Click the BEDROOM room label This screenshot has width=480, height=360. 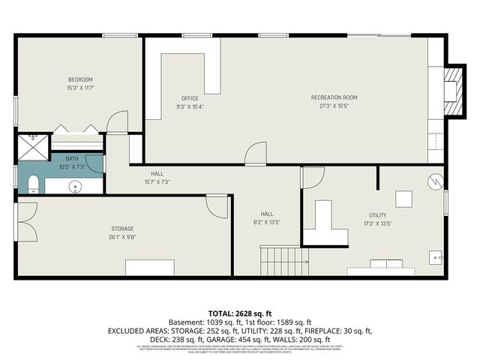(x=80, y=80)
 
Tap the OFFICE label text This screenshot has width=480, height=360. (x=190, y=98)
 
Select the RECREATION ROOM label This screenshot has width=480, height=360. (x=334, y=97)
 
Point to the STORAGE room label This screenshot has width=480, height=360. (x=123, y=228)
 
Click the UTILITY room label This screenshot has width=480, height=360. (x=377, y=215)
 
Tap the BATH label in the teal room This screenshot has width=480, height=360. (x=72, y=158)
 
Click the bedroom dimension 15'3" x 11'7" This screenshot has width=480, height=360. (x=80, y=88)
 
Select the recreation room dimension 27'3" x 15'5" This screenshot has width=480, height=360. (x=334, y=106)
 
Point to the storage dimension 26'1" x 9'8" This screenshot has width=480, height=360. (x=123, y=236)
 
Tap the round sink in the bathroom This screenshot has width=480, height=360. (x=75, y=187)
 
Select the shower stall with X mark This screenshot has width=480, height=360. (x=32, y=139)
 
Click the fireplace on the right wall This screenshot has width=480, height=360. (x=451, y=88)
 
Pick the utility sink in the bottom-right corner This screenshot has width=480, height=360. (x=436, y=257)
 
